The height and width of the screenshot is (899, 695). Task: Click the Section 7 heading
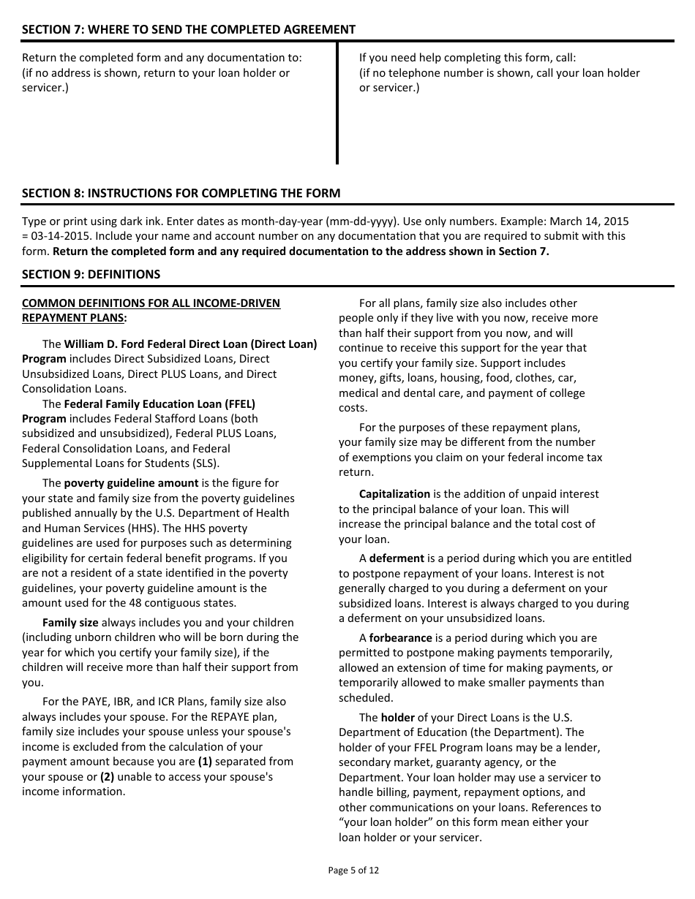pyautogui.click(x=189, y=29)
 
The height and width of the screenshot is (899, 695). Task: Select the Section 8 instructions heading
pyautogui.click(x=181, y=193)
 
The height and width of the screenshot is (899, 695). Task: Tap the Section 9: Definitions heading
pyautogui.click(x=91, y=274)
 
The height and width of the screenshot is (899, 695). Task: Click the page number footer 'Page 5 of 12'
pyautogui.click(x=354, y=870)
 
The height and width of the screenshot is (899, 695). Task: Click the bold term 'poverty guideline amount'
pyautogui.click(x=131, y=483)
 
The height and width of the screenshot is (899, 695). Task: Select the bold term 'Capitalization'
pyautogui.click(x=394, y=494)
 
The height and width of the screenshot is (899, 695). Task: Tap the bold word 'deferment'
pyautogui.click(x=397, y=558)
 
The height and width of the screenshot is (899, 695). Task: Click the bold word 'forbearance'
pyautogui.click(x=400, y=638)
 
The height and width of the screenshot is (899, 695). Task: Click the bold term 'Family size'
pyautogui.click(x=70, y=623)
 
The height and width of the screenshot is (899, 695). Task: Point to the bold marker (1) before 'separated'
pyautogui.click(x=204, y=762)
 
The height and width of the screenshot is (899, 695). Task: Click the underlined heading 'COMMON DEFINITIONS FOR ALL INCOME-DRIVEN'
pyautogui.click(x=151, y=303)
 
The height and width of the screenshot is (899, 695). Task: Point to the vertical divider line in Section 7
pyautogui.click(x=337, y=102)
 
